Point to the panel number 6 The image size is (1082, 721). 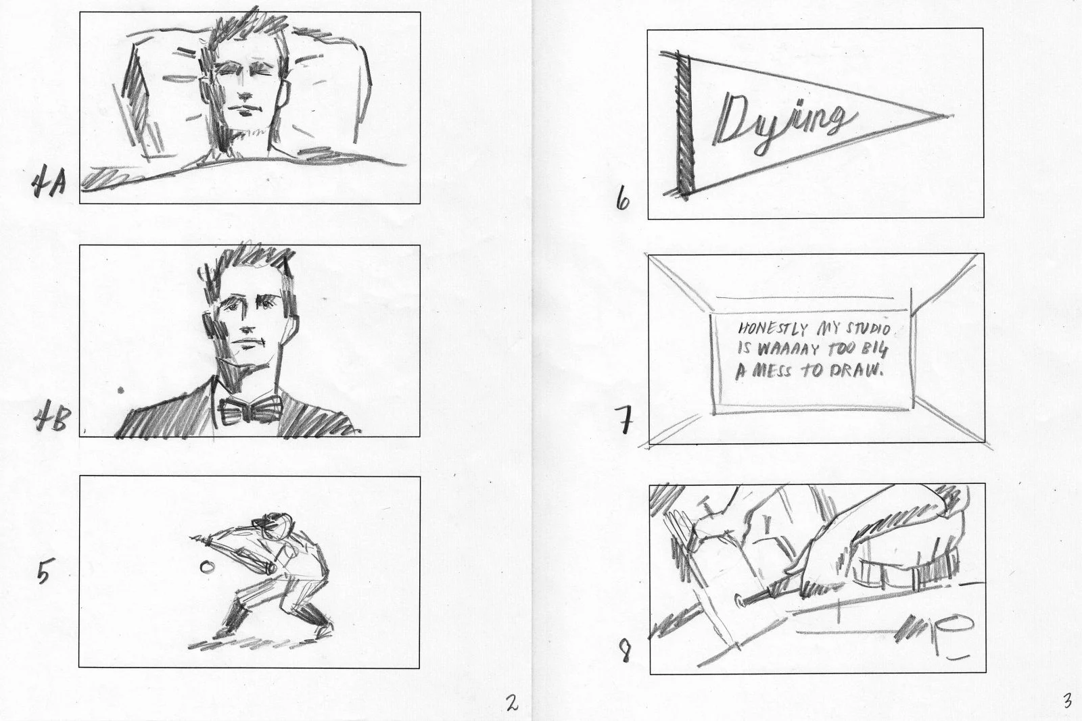coord(623,199)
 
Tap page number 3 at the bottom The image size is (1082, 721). coord(1068,701)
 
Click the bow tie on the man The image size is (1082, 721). coord(250,412)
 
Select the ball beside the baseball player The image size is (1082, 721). coord(207,567)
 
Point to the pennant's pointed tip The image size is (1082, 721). coord(947,116)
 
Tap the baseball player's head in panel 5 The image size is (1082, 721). coord(273,526)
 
